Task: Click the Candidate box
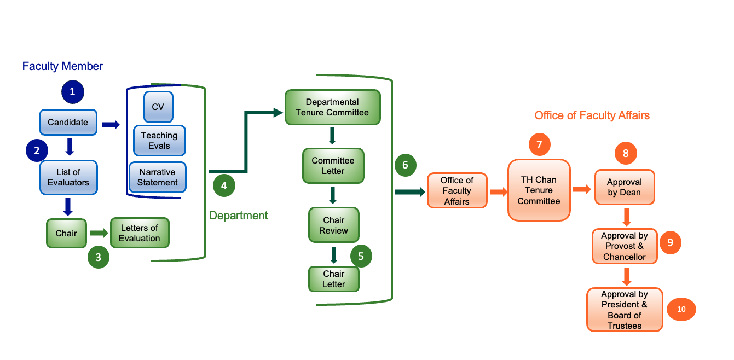(68, 123)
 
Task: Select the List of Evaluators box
(68, 177)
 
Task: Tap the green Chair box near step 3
(66, 234)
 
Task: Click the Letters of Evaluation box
(140, 233)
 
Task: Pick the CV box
(158, 107)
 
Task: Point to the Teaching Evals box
(159, 141)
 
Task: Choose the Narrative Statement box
(158, 178)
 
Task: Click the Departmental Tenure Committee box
(332, 107)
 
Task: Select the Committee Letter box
(333, 166)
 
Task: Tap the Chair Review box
(333, 225)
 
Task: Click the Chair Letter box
(333, 278)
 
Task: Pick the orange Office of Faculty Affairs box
(456, 191)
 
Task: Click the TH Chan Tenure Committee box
(539, 190)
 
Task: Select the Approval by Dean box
(624, 187)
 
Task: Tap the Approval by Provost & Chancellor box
(625, 246)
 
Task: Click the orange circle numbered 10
(681, 309)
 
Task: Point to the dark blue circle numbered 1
(72, 92)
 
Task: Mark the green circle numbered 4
(224, 185)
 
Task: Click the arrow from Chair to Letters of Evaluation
(99, 233)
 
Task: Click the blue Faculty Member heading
(62, 66)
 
